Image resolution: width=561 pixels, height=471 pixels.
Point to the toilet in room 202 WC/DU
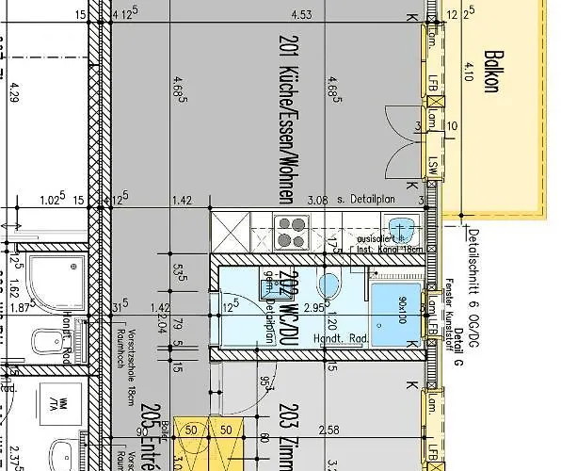pyautogui.click(x=329, y=286)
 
